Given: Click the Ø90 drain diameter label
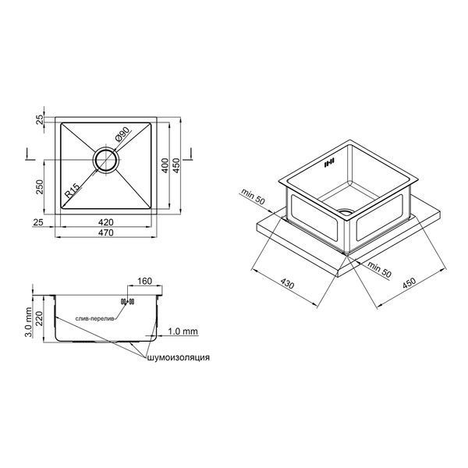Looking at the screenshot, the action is point(122,134).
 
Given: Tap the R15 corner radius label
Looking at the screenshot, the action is point(73,191).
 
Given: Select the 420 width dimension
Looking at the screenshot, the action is point(106,222).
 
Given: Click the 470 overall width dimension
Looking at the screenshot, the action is point(106,232).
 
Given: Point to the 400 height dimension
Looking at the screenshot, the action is point(165,165).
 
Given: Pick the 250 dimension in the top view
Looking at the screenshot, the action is point(40,187).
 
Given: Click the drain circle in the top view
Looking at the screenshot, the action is point(106,160).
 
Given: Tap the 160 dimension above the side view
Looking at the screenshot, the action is point(144,281).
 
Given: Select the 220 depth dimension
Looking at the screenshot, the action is point(40,318).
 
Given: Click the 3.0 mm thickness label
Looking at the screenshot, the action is point(28,322).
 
